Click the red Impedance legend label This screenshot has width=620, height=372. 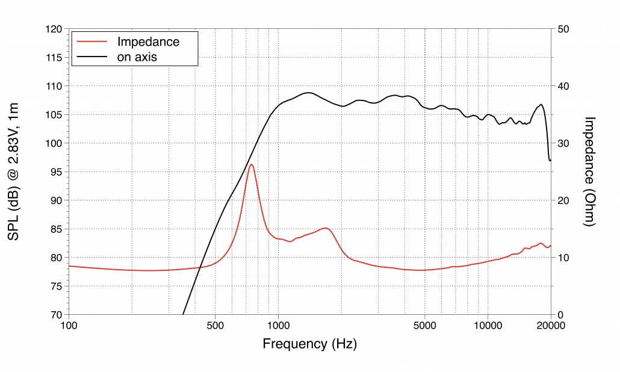(x=148, y=42)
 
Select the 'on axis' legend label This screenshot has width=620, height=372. (x=141, y=57)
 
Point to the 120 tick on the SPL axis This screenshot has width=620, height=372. (x=54, y=29)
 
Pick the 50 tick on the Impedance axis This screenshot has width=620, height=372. (x=566, y=29)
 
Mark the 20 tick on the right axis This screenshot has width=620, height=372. (x=566, y=200)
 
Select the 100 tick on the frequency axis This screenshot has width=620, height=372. (x=69, y=326)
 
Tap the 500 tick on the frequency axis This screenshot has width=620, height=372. (x=215, y=326)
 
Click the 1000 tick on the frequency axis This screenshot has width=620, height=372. (x=278, y=326)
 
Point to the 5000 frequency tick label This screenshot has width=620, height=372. (x=424, y=326)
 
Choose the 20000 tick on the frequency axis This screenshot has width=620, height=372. (x=550, y=326)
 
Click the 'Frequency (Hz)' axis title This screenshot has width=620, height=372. (x=309, y=344)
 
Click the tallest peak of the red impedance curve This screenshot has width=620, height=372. (x=251, y=164)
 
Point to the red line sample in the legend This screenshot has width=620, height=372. (x=91, y=42)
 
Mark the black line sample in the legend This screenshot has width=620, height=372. (x=91, y=57)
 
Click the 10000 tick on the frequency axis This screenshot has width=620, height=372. (x=488, y=326)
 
